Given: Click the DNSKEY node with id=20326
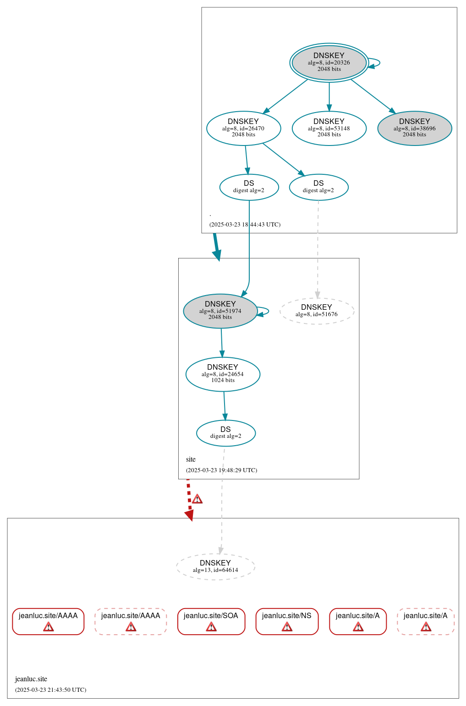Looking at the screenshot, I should click(329, 63).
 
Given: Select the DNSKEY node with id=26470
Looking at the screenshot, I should click(243, 128).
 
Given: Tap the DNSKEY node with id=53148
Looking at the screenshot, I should click(329, 128).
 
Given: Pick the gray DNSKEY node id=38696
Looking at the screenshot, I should click(414, 128).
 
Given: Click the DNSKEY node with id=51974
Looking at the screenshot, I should click(220, 311).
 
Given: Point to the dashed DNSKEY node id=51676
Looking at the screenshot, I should click(317, 311).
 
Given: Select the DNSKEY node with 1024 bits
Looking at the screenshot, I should click(223, 374).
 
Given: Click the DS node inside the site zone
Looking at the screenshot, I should click(225, 433).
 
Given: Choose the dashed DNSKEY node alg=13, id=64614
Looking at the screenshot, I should click(215, 566).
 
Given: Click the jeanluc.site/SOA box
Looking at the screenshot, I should click(211, 621).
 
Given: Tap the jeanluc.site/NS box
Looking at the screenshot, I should click(287, 621).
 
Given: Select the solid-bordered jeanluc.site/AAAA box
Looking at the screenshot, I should click(48, 621).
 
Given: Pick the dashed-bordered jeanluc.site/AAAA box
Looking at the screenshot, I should click(131, 621).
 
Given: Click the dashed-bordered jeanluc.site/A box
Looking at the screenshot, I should click(425, 621).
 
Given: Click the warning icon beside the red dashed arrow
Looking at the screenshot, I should click(197, 499).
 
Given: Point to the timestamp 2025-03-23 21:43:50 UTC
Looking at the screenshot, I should click(50, 690).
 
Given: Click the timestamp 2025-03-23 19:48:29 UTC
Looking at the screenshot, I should click(221, 470).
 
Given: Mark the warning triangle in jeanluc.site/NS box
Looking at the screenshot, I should click(287, 627).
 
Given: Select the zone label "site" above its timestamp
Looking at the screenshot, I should click(191, 459).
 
